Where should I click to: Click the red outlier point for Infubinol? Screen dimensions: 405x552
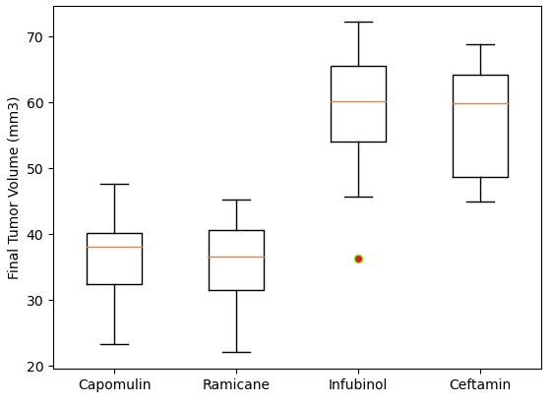[x=358, y=259]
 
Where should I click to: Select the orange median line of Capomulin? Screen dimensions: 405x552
[x=114, y=247]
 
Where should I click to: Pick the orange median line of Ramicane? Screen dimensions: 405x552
[x=236, y=257]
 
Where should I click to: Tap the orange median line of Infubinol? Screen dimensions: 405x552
[x=358, y=101]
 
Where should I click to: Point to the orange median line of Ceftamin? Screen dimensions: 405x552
[x=480, y=103]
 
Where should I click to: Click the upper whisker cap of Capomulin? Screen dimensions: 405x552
[x=114, y=184]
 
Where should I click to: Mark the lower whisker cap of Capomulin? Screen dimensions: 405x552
[x=114, y=344]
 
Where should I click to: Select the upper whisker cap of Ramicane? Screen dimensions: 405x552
[x=236, y=200]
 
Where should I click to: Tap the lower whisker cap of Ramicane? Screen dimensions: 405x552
[x=236, y=352]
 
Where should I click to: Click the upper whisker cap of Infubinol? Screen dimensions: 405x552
[x=358, y=22]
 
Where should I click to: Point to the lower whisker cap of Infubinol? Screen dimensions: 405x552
[x=358, y=197]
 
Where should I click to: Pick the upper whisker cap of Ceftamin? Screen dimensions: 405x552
[x=480, y=44]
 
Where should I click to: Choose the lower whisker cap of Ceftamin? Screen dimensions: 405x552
[x=480, y=202]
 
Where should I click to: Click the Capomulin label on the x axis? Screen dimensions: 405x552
[x=114, y=385]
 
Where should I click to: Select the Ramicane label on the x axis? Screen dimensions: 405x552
[x=236, y=385]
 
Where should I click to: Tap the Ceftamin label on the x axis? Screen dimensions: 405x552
[x=480, y=385]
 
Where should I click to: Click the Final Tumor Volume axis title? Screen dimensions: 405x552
[x=14, y=188]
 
